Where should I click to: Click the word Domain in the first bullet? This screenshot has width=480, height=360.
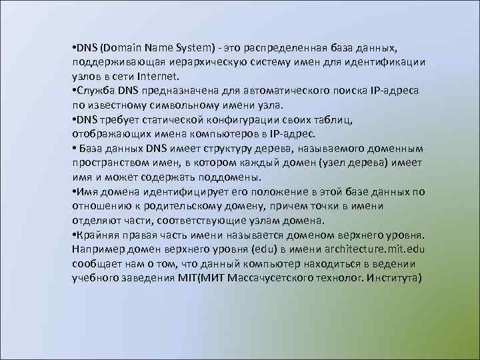126,48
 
